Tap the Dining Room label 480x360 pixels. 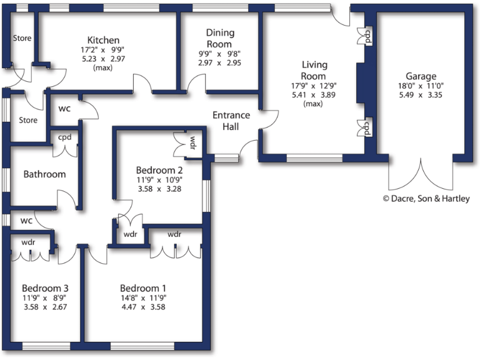pyautogui.click(x=219, y=38)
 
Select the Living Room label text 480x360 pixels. pyautogui.click(x=314, y=70)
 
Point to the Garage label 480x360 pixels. pyautogui.click(x=420, y=76)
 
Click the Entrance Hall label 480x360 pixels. pyautogui.click(x=231, y=121)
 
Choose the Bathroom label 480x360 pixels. pyautogui.click(x=44, y=174)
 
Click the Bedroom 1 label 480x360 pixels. pyautogui.click(x=143, y=288)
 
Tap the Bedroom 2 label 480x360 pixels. pyautogui.click(x=159, y=169)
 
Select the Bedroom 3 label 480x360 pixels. pyautogui.click(x=44, y=288)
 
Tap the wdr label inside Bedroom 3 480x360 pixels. pyautogui.click(x=28, y=242)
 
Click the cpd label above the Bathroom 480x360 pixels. pyautogui.click(x=64, y=137)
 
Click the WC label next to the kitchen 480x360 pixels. pyautogui.click(x=64, y=109)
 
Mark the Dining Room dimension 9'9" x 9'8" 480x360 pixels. pyautogui.click(x=219, y=54)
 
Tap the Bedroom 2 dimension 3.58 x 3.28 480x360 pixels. pyautogui.click(x=159, y=188)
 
